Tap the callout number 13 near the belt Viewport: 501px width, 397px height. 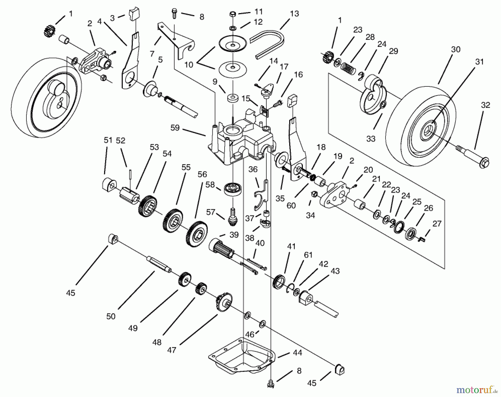coord(294,14)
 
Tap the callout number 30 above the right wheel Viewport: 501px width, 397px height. coord(456,50)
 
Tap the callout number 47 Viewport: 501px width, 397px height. coord(172,350)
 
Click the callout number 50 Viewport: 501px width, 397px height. coord(110,316)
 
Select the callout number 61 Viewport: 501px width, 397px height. coord(308,255)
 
